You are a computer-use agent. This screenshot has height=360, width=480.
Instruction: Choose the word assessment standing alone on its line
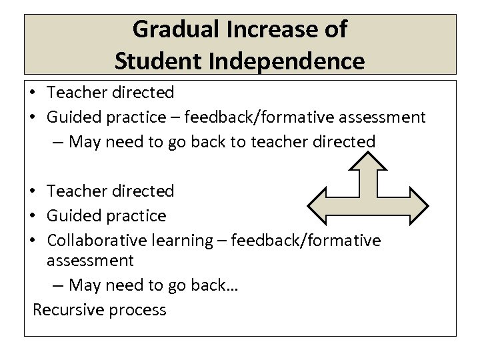click(90, 260)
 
